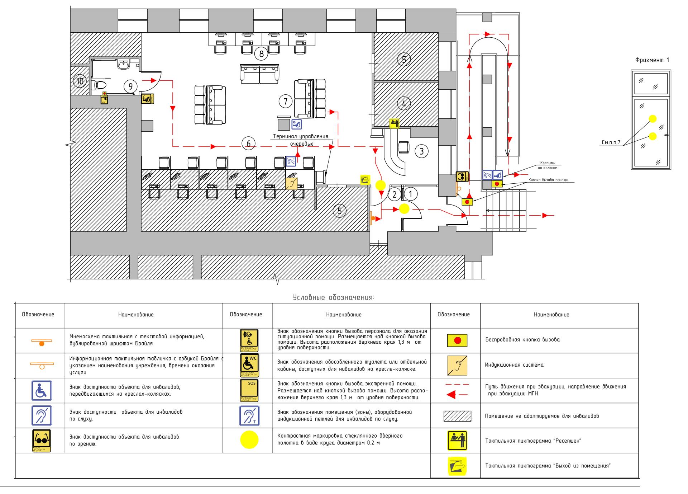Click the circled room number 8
click(x=262, y=54)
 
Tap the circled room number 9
click(x=130, y=86)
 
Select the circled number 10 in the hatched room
click(x=80, y=81)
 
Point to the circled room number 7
click(x=286, y=102)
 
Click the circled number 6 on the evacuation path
click(x=248, y=144)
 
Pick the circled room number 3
click(x=421, y=151)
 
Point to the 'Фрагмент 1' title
click(x=652, y=60)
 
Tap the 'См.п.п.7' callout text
click(x=611, y=142)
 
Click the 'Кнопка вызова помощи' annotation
click(x=548, y=180)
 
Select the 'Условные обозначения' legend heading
click(x=333, y=297)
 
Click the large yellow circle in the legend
click(x=249, y=439)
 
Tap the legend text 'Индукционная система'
click(x=514, y=365)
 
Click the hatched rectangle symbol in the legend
click(x=457, y=416)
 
